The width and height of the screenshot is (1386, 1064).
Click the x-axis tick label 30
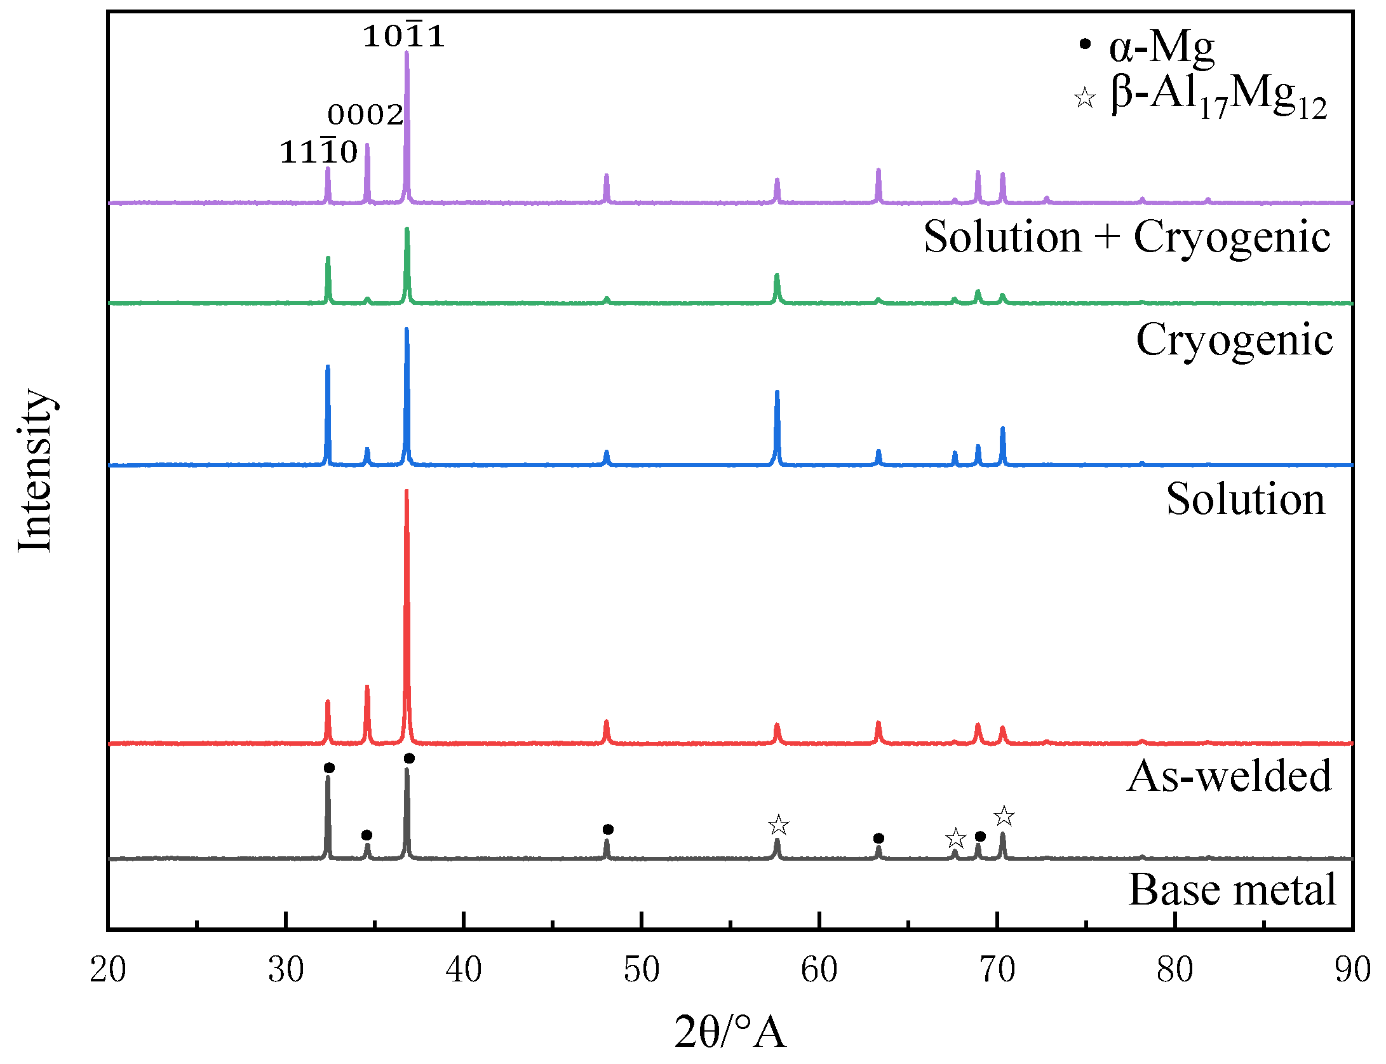(286, 970)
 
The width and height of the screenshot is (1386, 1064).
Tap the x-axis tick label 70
(997, 970)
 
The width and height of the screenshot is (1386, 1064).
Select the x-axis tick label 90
(1352, 970)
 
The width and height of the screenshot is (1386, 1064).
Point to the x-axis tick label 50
(642, 970)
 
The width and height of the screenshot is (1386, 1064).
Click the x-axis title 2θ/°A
(730, 1032)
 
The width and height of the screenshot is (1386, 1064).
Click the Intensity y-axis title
(34, 470)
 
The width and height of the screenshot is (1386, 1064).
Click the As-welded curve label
(1229, 776)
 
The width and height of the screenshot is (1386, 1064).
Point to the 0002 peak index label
(366, 115)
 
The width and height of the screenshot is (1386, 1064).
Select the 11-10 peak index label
(319, 152)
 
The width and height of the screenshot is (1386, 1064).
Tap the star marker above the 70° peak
(1004, 816)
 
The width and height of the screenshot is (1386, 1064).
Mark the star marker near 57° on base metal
(778, 826)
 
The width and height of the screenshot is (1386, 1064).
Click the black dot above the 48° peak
(608, 830)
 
